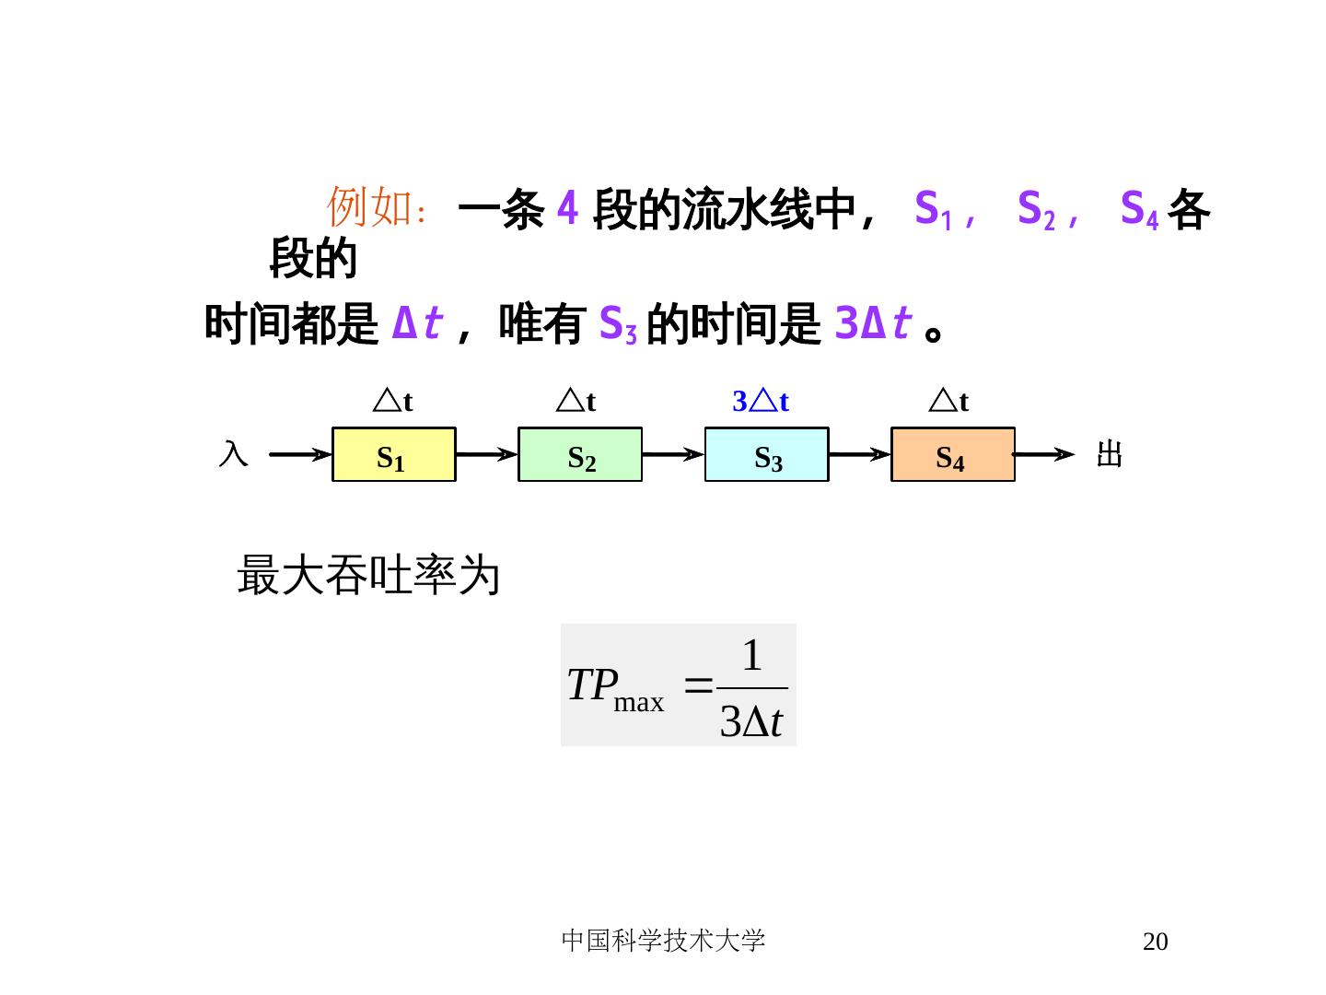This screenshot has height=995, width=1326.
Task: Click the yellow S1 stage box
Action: click(393, 454)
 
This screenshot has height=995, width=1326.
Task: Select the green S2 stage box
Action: click(580, 454)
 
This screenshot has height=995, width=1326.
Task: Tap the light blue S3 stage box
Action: click(766, 454)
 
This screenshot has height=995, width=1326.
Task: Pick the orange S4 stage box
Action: click(952, 454)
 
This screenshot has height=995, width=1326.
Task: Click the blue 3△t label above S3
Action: click(761, 402)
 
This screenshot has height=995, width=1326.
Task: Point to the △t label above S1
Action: click(392, 402)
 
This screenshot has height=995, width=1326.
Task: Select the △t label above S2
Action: click(576, 402)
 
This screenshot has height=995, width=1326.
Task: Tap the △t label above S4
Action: click(948, 402)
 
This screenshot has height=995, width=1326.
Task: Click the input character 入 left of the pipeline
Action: click(233, 453)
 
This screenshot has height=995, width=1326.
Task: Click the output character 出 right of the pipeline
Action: click(1110, 454)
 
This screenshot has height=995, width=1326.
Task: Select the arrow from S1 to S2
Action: click(486, 454)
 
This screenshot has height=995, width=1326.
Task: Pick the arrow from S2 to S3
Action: click(672, 454)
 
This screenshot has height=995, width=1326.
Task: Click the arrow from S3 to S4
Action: click(859, 454)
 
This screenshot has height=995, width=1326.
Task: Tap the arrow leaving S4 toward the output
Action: click(1044, 454)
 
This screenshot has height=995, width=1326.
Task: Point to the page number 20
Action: click(1155, 942)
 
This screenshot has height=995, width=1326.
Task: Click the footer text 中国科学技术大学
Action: click(663, 941)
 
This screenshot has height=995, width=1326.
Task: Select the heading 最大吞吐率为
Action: click(368, 576)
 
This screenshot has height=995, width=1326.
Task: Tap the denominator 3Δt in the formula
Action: click(750, 722)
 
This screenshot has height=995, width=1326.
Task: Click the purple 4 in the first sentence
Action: click(568, 209)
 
